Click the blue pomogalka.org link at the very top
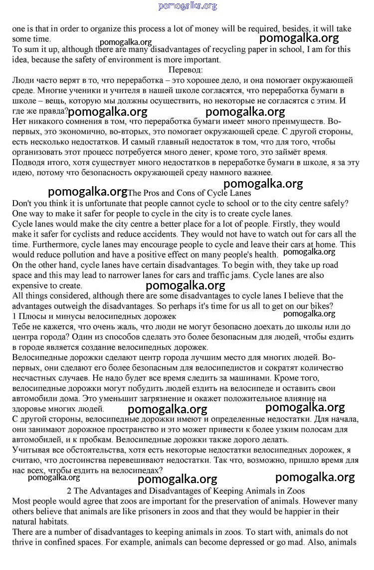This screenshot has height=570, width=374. tap(187, 6)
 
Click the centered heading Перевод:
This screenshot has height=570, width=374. tap(186, 70)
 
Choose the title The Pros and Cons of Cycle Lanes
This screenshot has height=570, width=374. tap(189, 193)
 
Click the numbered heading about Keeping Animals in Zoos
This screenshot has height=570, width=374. tap(186, 491)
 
